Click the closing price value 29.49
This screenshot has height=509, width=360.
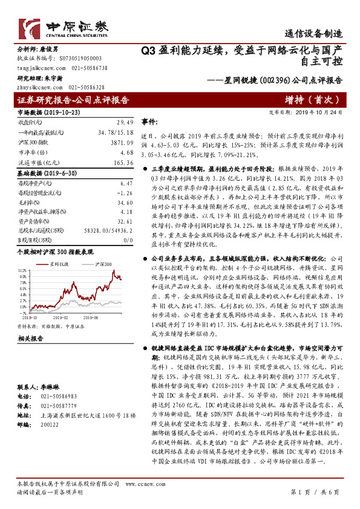125,122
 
